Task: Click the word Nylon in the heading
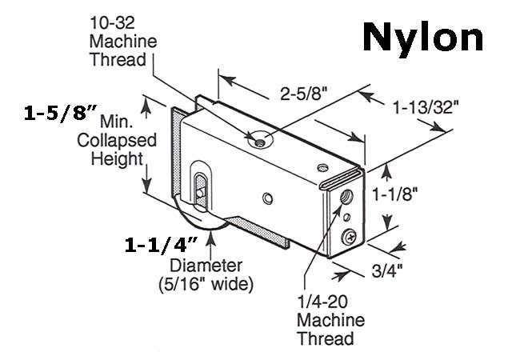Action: [422, 38]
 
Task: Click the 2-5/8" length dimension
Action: [304, 94]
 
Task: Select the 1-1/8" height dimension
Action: [395, 194]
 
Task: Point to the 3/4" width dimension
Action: [387, 270]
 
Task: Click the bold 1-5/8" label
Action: [60, 114]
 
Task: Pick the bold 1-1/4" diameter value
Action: [162, 245]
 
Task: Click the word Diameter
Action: [206, 266]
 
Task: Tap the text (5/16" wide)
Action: [206, 284]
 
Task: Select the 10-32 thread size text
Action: [112, 23]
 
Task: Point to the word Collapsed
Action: [117, 141]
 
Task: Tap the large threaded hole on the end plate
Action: [346, 197]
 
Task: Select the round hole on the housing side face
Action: [268, 198]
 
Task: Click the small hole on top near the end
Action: [323, 167]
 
